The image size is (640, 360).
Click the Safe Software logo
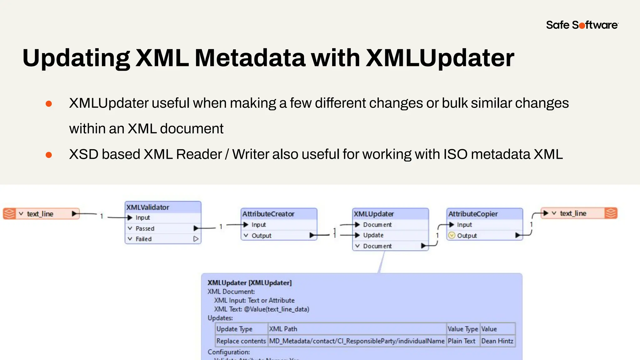582,25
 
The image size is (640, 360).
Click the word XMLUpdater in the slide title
440,58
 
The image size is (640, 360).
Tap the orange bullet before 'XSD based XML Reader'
49,155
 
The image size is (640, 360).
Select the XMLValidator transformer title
148,207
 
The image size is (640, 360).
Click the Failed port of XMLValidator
143,239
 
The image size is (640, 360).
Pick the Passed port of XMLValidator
145,228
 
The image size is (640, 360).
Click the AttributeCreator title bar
268,214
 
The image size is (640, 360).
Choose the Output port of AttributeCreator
262,236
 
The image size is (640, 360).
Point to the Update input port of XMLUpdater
373,235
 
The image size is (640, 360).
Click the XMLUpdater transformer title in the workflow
374,214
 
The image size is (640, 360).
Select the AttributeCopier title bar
473,214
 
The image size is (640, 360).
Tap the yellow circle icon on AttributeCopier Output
452,235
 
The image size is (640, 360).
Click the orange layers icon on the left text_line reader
9,214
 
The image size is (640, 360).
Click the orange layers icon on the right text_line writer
611,213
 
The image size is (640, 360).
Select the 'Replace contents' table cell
241,341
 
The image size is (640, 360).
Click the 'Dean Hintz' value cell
497,341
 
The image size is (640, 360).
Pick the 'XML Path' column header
283,329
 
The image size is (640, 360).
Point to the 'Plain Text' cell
462,341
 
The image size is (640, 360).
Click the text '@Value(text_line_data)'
277,309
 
